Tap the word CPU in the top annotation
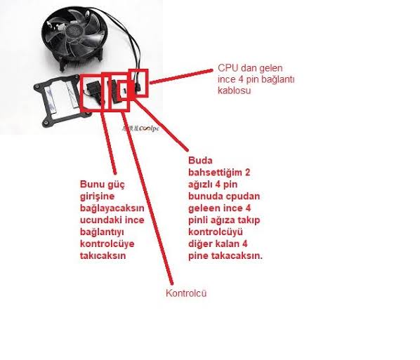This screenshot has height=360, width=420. click(228, 68)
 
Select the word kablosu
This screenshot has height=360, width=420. click(234, 91)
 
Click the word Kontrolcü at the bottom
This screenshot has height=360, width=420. click(186, 293)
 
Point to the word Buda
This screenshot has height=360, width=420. click(200, 160)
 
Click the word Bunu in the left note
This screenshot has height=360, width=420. click(91, 185)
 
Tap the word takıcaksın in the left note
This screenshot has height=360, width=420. click(103, 255)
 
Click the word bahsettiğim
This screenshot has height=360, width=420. click(215, 173)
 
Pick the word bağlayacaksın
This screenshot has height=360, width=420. click(112, 208)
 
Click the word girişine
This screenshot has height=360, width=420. click(97, 196)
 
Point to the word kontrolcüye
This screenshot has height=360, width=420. click(107, 244)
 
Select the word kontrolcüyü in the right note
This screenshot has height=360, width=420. click(216, 232)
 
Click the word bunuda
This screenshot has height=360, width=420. click(204, 196)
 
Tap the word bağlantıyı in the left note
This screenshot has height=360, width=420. click(102, 232)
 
